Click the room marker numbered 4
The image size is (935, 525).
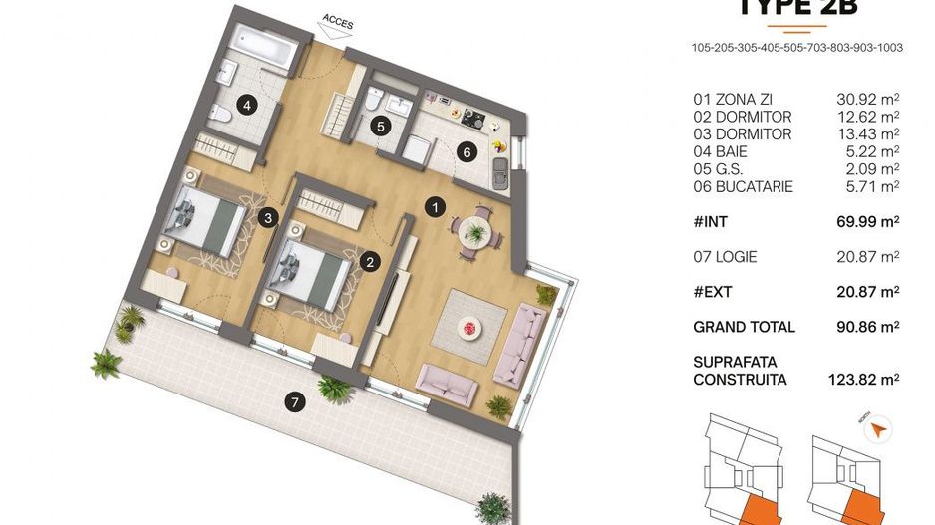click(244, 103)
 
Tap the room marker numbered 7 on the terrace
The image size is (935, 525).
click(292, 403)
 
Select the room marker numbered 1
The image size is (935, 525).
click(434, 207)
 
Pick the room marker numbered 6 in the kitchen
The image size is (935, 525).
click(467, 152)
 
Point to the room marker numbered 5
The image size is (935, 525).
click(379, 127)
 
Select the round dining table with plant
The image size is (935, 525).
click(475, 229)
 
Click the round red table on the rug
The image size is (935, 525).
click(467, 326)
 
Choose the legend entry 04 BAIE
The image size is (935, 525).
click(720, 151)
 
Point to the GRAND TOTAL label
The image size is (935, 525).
click(744, 327)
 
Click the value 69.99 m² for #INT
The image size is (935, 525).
click(867, 221)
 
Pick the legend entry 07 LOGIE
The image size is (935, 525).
click(725, 257)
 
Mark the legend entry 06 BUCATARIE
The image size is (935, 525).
click(743, 186)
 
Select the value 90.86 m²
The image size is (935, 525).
click(867, 327)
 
